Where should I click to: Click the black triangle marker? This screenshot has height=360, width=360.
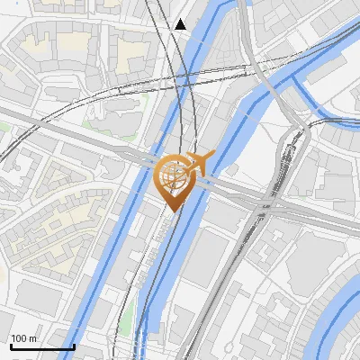click(x=181, y=24)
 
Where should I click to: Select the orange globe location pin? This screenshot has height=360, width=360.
click(x=175, y=178)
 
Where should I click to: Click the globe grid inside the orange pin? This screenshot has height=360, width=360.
click(x=175, y=175)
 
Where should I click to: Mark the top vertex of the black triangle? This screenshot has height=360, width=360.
click(x=181, y=18)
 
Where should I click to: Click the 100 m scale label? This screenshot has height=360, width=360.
click(x=22, y=338)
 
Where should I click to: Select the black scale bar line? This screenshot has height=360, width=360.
click(x=42, y=346)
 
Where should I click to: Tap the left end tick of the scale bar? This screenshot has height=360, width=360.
click(x=11, y=345)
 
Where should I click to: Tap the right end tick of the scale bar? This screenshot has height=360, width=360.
click(x=74, y=345)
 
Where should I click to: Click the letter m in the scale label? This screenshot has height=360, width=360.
click(x=31, y=338)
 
